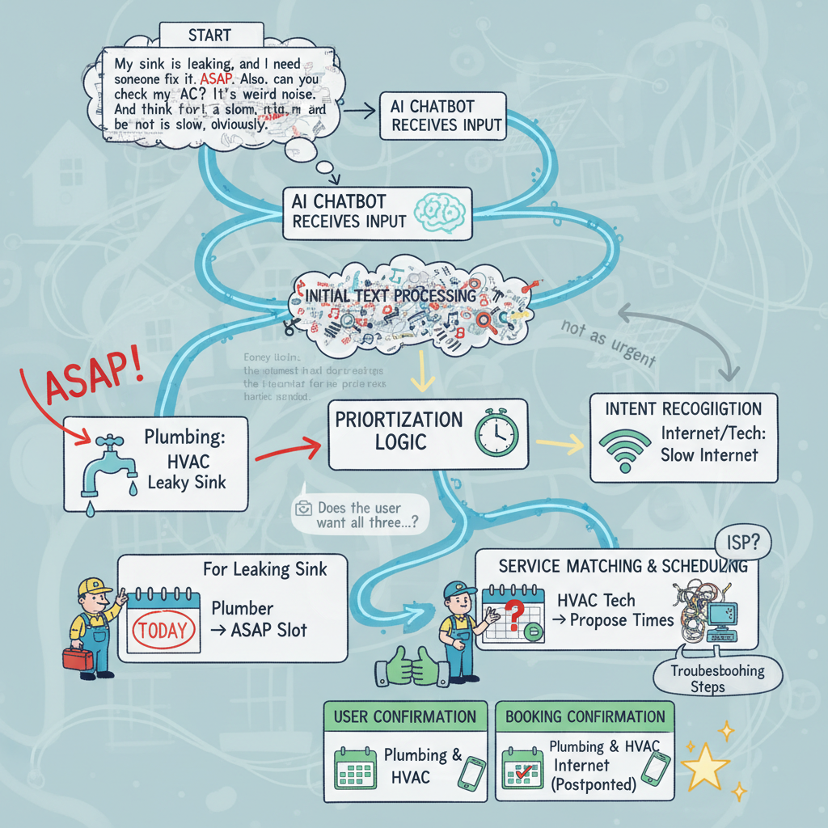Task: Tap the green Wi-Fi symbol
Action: point(624,449)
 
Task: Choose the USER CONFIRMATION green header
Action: point(404,716)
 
